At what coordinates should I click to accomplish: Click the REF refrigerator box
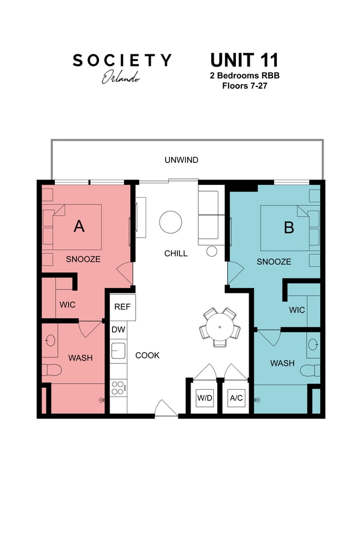coord(122,307)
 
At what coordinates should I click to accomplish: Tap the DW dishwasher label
coord(118,330)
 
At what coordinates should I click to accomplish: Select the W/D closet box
coord(204,397)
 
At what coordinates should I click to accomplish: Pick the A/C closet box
coord(236,397)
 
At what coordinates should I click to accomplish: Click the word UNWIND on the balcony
coord(181,161)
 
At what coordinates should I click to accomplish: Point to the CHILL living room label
coord(176,254)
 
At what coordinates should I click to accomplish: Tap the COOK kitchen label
coord(147,355)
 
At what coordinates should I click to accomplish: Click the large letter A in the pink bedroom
coord(79,226)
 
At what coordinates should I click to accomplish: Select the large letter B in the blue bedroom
coord(289,227)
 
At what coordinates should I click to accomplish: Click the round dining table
coord(220,327)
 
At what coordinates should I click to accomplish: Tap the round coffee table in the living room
coord(171,222)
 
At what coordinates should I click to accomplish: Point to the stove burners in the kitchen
coord(117,387)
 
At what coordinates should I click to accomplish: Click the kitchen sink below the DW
coord(118,351)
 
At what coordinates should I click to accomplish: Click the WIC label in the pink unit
coord(68,305)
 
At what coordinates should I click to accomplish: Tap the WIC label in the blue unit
coord(297,310)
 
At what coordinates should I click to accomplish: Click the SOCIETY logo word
coord(122,60)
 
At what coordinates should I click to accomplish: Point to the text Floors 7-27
coord(244,86)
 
